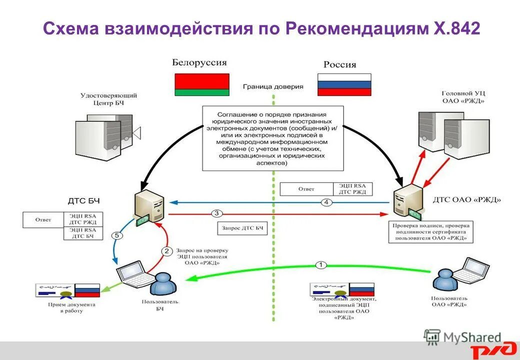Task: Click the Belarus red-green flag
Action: tap(201, 84)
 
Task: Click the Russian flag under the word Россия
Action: tap(344, 84)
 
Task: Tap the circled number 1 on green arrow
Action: tap(321, 264)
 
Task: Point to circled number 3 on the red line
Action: tap(216, 213)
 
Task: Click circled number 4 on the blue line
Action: tap(326, 202)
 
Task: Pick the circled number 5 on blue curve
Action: tap(117, 235)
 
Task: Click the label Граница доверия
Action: tap(273, 86)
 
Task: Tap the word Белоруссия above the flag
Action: tap(199, 63)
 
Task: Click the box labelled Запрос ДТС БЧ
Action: tap(242, 228)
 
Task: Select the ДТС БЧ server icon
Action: tap(148, 206)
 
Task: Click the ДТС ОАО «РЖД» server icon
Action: tap(407, 201)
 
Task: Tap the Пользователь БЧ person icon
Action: tap(163, 285)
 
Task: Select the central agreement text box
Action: tap(272, 138)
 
